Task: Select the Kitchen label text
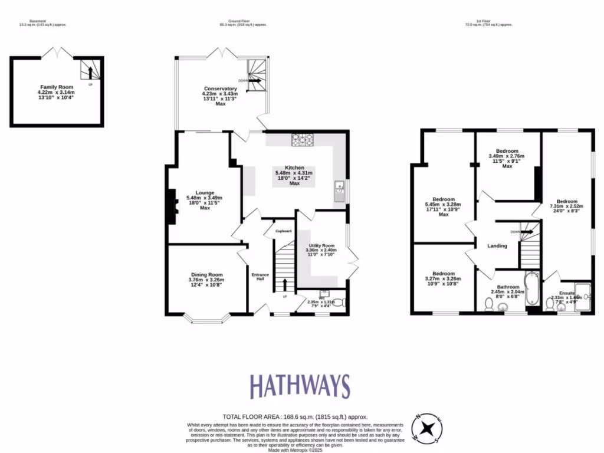[293, 168]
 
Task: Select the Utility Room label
[320, 245]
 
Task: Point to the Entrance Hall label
[260, 276]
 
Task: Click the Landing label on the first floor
[497, 245]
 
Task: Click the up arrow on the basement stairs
[90, 73]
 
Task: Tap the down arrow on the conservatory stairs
[255, 81]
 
